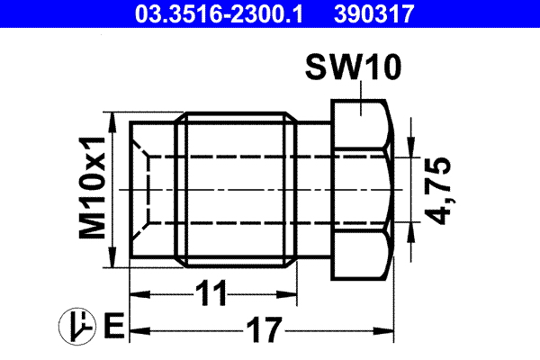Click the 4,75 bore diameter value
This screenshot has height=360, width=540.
[x=438, y=190]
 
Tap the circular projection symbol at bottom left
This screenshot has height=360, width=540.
[x=78, y=326]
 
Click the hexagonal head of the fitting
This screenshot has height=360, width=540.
[x=361, y=190]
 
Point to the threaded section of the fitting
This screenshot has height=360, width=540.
[x=238, y=190]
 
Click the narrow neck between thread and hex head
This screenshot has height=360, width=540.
[x=315, y=190]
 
